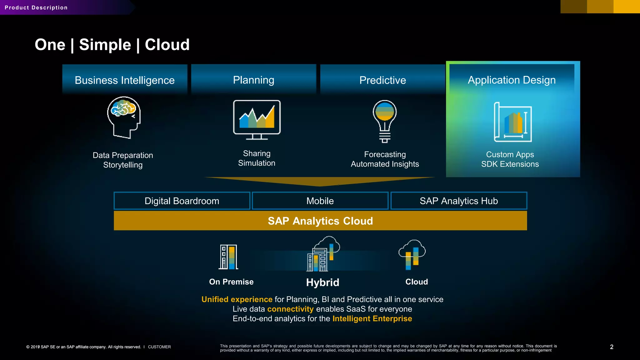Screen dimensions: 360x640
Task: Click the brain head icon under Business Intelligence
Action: click(x=124, y=117)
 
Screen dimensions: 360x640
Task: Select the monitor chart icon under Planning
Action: click(x=257, y=120)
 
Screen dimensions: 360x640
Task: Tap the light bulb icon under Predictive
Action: click(x=385, y=121)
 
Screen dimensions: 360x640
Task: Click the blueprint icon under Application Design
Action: click(x=513, y=122)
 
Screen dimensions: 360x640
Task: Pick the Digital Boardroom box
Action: click(x=182, y=201)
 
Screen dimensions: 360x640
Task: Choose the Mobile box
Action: click(x=320, y=201)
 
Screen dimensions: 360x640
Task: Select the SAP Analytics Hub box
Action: click(x=459, y=201)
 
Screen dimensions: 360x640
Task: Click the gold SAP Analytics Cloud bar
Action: click(x=320, y=221)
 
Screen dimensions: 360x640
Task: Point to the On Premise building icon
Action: click(x=228, y=257)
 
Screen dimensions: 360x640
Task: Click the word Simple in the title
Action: click(x=105, y=45)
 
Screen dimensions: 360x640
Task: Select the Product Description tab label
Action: click(x=36, y=7)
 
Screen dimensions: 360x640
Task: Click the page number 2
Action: click(x=612, y=347)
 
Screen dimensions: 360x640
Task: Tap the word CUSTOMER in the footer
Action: click(x=159, y=347)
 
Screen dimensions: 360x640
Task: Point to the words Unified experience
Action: click(x=237, y=299)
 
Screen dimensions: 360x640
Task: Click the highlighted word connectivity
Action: click(x=290, y=309)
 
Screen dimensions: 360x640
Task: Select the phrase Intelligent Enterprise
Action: click(x=372, y=319)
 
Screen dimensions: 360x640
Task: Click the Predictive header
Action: click(x=382, y=80)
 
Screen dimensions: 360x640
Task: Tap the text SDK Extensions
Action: click(x=510, y=164)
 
